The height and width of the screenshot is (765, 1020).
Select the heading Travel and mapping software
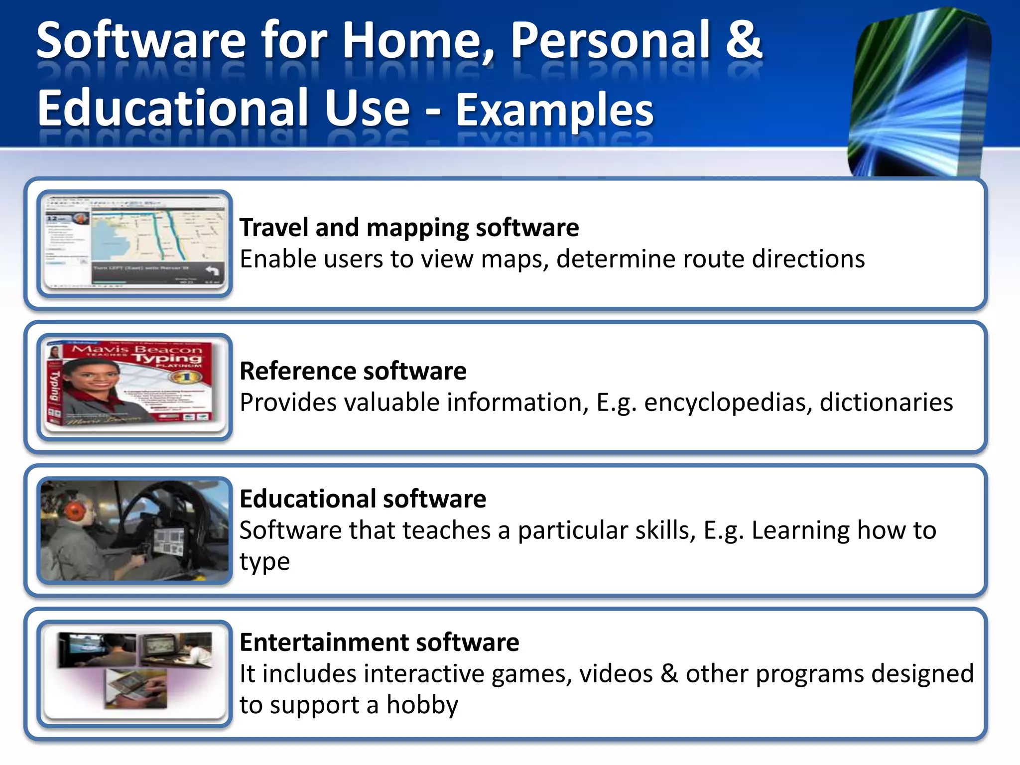(409, 228)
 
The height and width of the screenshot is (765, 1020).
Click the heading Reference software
(353, 371)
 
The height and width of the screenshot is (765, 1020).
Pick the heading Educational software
(363, 499)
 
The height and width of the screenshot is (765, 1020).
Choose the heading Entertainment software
(379, 642)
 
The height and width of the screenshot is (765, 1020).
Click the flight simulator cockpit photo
(134, 530)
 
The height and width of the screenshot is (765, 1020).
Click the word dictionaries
(886, 402)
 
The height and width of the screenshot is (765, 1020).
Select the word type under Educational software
(264, 562)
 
